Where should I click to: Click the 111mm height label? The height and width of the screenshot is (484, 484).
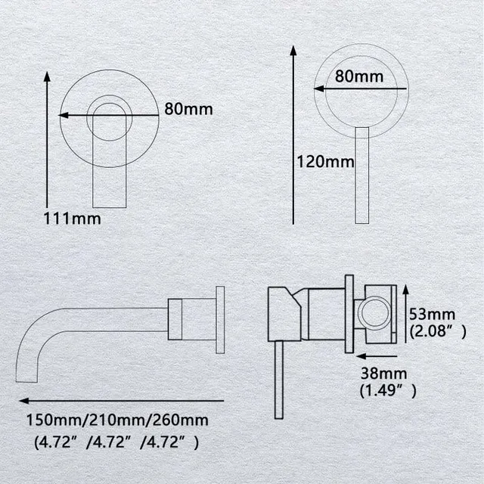click(73, 219)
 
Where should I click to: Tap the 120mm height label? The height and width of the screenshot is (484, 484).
click(325, 162)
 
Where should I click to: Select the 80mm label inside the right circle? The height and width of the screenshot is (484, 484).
click(359, 76)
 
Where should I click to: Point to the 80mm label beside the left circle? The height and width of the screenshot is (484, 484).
click(188, 109)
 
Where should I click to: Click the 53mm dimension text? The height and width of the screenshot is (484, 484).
click(432, 315)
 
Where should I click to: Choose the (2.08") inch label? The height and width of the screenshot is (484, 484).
click(438, 331)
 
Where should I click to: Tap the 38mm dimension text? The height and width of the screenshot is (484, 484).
click(383, 374)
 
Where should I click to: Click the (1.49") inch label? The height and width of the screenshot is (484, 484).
click(388, 390)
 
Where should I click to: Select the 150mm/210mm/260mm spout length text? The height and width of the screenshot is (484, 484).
click(117, 420)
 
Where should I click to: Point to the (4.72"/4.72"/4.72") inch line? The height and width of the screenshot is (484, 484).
click(116, 442)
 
